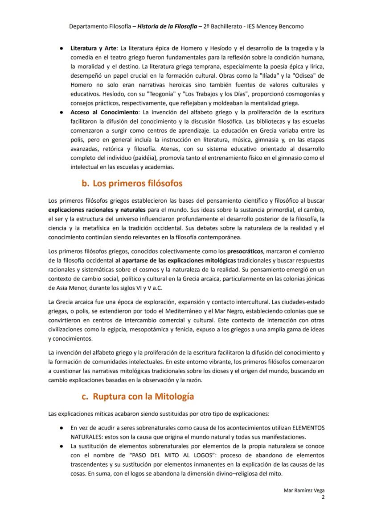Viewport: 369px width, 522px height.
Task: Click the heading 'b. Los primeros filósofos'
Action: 132,184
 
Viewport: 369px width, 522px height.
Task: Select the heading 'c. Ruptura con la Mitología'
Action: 137,396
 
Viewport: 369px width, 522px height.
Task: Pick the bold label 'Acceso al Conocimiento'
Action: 103,112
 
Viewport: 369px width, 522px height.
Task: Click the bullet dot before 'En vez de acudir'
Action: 61,428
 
